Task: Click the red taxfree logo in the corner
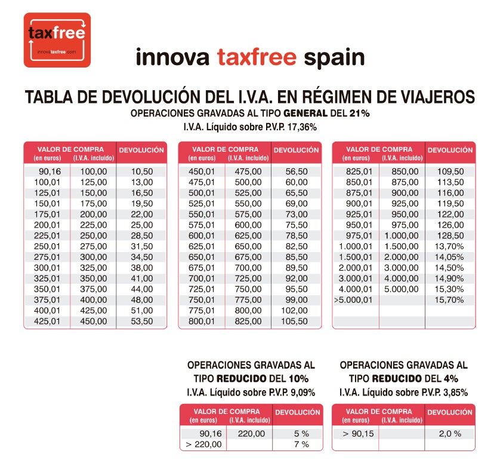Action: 57,40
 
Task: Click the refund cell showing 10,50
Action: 142,171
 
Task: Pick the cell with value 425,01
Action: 48,321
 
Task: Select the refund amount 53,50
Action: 142,321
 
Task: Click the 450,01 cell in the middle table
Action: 201,171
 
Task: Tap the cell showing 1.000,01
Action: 356,247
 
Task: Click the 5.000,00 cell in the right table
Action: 402,289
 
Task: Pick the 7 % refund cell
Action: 301,444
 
